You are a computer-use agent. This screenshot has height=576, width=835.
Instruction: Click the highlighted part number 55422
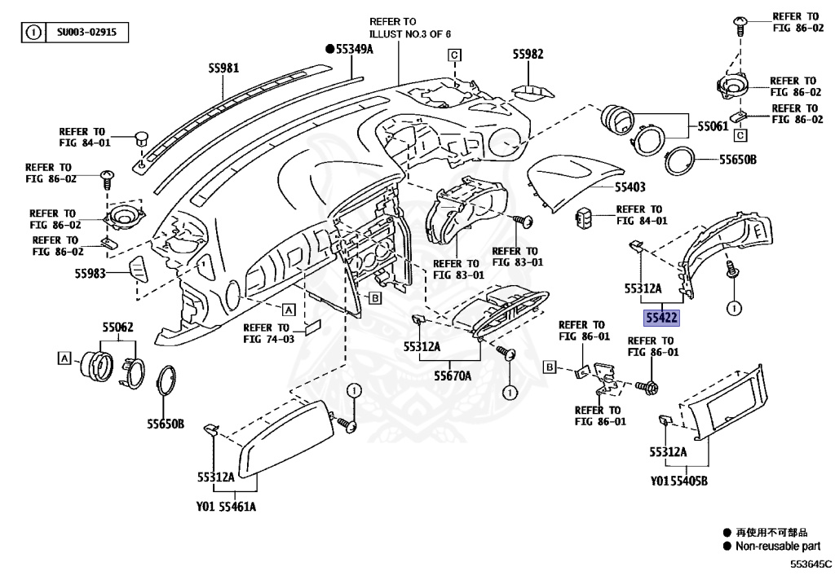(x=661, y=318)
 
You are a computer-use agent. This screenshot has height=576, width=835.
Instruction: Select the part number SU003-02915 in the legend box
(x=86, y=32)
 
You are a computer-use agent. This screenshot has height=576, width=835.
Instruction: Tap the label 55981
(x=223, y=68)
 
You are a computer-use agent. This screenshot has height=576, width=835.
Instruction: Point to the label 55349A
(x=350, y=50)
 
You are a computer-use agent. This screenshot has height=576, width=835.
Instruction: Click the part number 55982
(x=528, y=55)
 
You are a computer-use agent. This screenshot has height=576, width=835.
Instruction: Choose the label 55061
(x=713, y=126)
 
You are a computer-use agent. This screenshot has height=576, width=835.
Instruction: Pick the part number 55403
(x=630, y=187)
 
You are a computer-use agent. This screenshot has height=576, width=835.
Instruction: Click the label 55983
(x=90, y=274)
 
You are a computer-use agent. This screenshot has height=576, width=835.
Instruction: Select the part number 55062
(x=117, y=327)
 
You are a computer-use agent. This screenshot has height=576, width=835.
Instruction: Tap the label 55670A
(x=453, y=376)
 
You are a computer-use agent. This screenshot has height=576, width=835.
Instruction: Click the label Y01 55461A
(x=226, y=506)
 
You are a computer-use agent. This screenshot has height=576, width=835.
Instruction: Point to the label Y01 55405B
(x=679, y=481)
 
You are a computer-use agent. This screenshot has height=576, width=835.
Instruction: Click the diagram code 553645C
(x=811, y=564)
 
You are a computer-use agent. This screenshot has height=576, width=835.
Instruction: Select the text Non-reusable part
(x=778, y=546)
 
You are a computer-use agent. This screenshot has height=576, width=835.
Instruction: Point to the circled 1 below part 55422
(x=735, y=308)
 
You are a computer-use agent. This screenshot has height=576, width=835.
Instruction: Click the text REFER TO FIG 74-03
(x=268, y=333)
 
